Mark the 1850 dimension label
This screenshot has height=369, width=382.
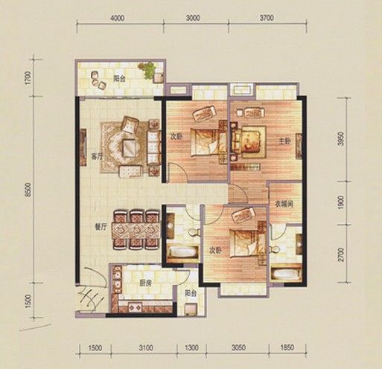[x=288, y=347]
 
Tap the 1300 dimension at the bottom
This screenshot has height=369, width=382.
[x=191, y=347]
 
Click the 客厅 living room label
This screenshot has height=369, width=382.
[x=96, y=156]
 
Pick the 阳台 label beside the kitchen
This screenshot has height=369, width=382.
[x=190, y=294]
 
